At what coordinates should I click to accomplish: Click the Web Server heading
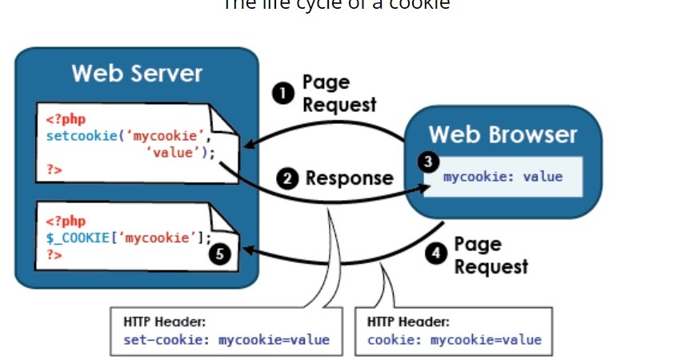point(137,74)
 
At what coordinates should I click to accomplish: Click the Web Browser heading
point(503,134)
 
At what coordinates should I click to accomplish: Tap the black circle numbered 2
point(287,178)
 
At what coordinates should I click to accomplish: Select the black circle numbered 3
point(430,162)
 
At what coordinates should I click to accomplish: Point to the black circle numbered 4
point(435,254)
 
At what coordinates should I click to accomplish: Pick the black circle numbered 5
point(221,254)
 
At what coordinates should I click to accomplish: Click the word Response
point(349,178)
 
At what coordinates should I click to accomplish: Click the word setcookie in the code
point(77,136)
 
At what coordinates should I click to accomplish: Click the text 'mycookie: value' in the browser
point(503,177)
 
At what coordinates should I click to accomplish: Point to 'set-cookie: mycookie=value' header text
point(226,340)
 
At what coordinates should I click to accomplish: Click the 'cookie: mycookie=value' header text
point(454,340)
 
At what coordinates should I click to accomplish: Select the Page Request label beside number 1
point(338,94)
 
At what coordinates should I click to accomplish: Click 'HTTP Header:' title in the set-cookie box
point(165,322)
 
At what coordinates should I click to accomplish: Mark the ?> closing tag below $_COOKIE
point(54,254)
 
